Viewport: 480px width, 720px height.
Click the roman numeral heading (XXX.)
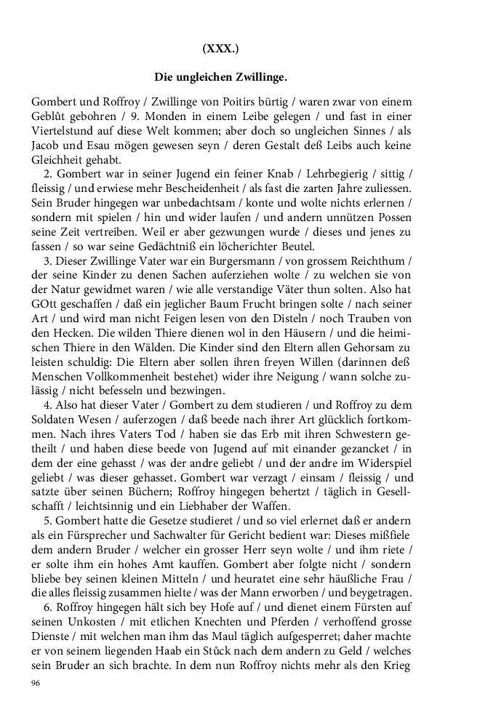221,49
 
